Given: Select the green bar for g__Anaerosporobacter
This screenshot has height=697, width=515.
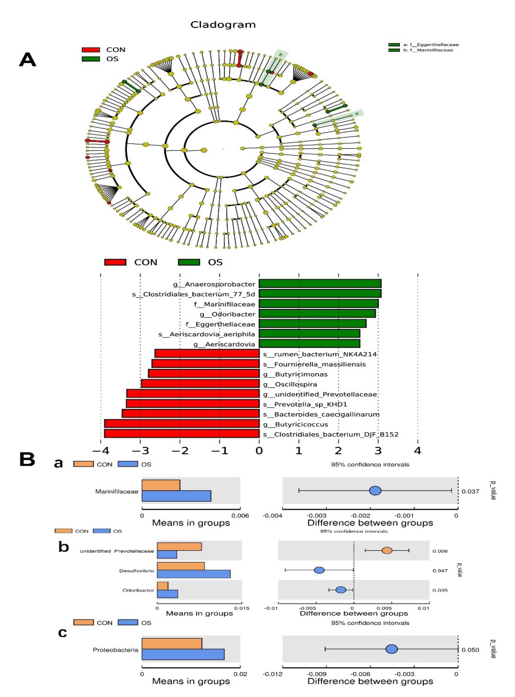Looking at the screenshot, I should click(320, 284).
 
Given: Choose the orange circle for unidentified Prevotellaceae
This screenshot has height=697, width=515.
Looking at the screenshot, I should click(387, 550).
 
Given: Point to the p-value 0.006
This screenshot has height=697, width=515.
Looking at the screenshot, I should click(440, 551).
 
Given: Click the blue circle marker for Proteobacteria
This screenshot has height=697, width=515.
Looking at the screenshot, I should click(392, 649).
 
